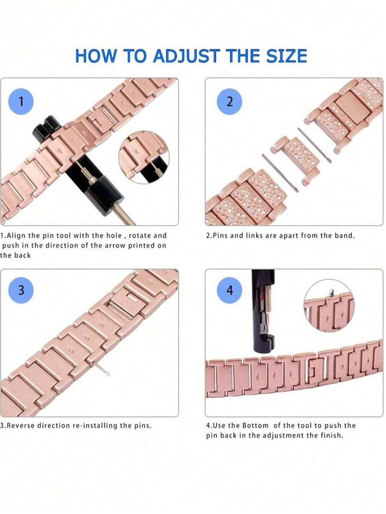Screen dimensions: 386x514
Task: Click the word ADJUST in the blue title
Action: [186, 56]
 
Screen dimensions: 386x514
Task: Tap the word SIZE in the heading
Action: [287, 56]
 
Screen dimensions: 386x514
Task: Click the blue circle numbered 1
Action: [21, 102]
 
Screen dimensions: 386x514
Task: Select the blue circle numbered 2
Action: [230, 102]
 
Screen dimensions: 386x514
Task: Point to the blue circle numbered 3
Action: [21, 290]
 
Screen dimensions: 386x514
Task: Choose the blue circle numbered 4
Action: [230, 290]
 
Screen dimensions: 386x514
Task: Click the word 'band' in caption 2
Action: [345, 236]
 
